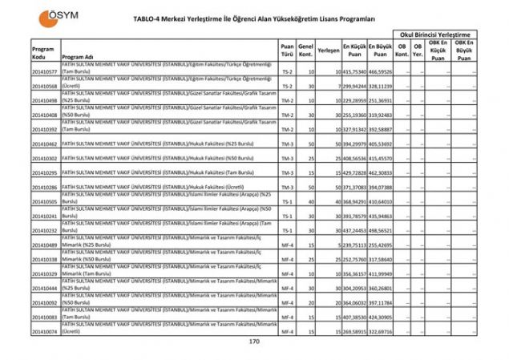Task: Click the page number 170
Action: click(x=255, y=342)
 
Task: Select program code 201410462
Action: click(x=45, y=144)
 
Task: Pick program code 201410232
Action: click(x=45, y=230)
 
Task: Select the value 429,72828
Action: click(x=353, y=172)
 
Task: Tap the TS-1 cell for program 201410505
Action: click(x=287, y=201)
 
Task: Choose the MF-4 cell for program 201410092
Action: click(x=287, y=302)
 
